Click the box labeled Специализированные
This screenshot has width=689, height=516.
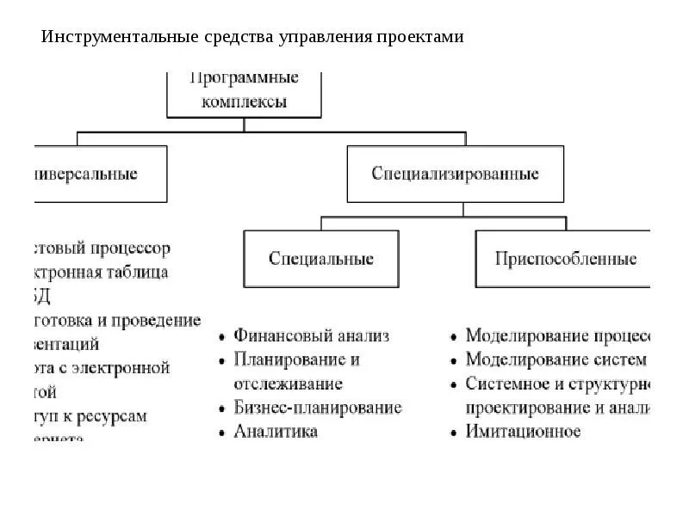click(x=455, y=174)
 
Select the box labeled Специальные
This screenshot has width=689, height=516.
click(x=320, y=259)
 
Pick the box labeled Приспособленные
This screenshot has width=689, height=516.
click(x=566, y=259)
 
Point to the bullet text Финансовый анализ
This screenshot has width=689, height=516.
click(x=311, y=335)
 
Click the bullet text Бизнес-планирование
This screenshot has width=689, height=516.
click(x=318, y=408)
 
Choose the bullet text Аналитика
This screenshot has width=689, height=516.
click(x=276, y=432)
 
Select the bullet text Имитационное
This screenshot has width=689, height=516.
click(x=524, y=432)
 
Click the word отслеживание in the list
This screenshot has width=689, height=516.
click(x=288, y=384)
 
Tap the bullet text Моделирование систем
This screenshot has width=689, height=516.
click(x=555, y=359)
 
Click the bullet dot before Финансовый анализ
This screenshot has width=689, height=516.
click(x=223, y=336)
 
